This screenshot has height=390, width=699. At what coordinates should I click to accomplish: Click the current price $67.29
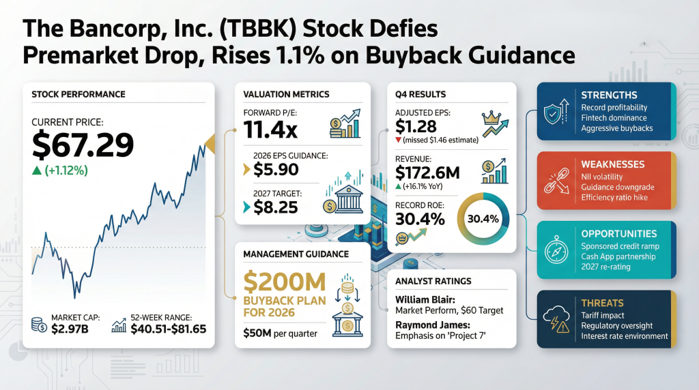[x=83, y=145]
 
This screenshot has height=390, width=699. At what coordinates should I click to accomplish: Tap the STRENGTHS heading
[x=609, y=95]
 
